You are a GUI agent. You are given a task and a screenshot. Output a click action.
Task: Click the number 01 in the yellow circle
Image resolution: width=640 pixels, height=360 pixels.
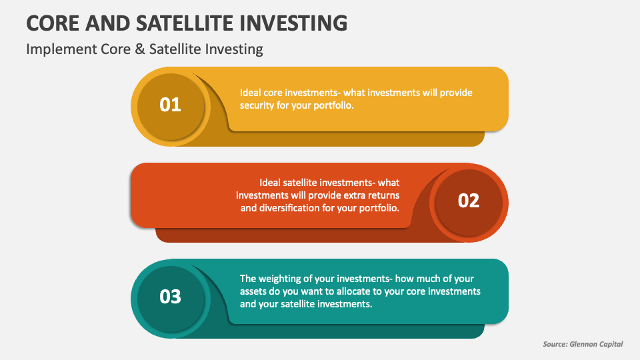[x=171, y=105]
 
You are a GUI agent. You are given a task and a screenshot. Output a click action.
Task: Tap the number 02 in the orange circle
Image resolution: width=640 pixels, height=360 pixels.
[x=469, y=201]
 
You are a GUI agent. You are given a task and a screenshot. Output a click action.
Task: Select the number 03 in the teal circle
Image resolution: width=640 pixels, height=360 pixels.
[x=171, y=297]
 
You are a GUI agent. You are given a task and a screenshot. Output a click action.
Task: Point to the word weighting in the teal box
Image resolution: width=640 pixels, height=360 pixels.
[x=281, y=279]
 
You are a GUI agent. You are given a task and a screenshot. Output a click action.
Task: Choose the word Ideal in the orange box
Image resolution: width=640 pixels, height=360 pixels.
[x=271, y=182]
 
